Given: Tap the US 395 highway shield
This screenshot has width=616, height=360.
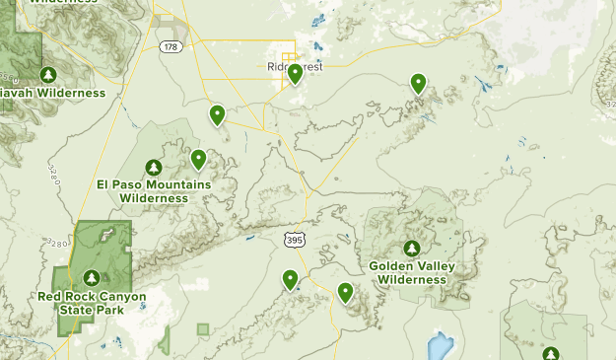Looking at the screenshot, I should pos(295,239).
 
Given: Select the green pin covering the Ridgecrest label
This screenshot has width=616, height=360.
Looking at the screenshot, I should pos(295,74).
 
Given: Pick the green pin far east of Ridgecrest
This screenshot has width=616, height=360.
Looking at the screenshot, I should pos(419,84).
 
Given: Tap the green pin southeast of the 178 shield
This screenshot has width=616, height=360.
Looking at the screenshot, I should pos(217,115).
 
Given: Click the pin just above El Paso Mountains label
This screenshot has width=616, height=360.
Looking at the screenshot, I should pos(198,158).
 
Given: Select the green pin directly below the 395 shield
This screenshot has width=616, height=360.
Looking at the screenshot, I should pos(291,279).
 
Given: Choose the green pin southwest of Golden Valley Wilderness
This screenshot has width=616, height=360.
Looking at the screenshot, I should pos(346,292).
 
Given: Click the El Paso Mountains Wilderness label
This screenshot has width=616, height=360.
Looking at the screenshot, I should pos(154,191).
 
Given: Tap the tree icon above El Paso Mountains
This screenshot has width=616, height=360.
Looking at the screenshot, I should pos(154,168).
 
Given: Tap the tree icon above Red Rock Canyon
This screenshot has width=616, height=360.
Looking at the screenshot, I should pos(91,278).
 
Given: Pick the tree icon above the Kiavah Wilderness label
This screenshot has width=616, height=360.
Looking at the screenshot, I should pos(48,74).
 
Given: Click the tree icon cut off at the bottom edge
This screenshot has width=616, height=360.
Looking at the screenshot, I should pos(550,353).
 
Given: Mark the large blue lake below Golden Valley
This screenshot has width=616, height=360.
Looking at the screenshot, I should pos(437,345).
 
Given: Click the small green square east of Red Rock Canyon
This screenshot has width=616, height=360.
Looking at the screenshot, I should pos(203,328).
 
